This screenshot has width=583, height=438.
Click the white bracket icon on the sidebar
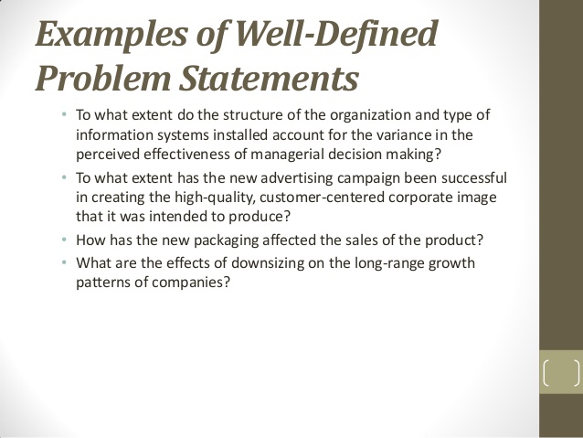560,375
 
